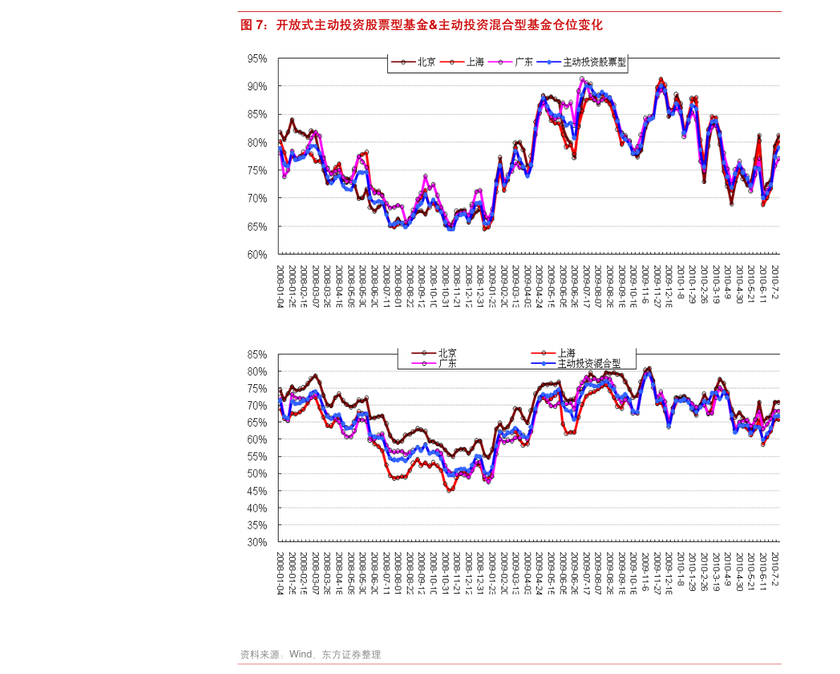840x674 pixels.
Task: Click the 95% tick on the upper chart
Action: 257,59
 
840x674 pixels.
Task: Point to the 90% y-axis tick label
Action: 257,87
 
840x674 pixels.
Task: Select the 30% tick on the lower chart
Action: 256,543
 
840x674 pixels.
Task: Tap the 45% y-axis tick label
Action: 256,491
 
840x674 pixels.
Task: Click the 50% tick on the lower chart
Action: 256,474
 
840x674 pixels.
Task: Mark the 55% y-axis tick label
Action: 256,457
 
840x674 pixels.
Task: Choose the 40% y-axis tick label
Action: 256,508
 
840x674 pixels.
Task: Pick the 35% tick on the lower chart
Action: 256,526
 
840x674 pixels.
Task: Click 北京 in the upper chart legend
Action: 426,62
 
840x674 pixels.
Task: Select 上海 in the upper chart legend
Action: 475,62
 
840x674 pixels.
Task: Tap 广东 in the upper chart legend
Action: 523,62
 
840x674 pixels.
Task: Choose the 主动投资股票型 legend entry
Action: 594,62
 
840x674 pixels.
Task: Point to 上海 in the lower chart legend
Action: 566,353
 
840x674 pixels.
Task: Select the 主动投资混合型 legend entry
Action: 589,364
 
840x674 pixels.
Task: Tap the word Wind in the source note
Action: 300,654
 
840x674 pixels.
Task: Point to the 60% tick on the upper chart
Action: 257,255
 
